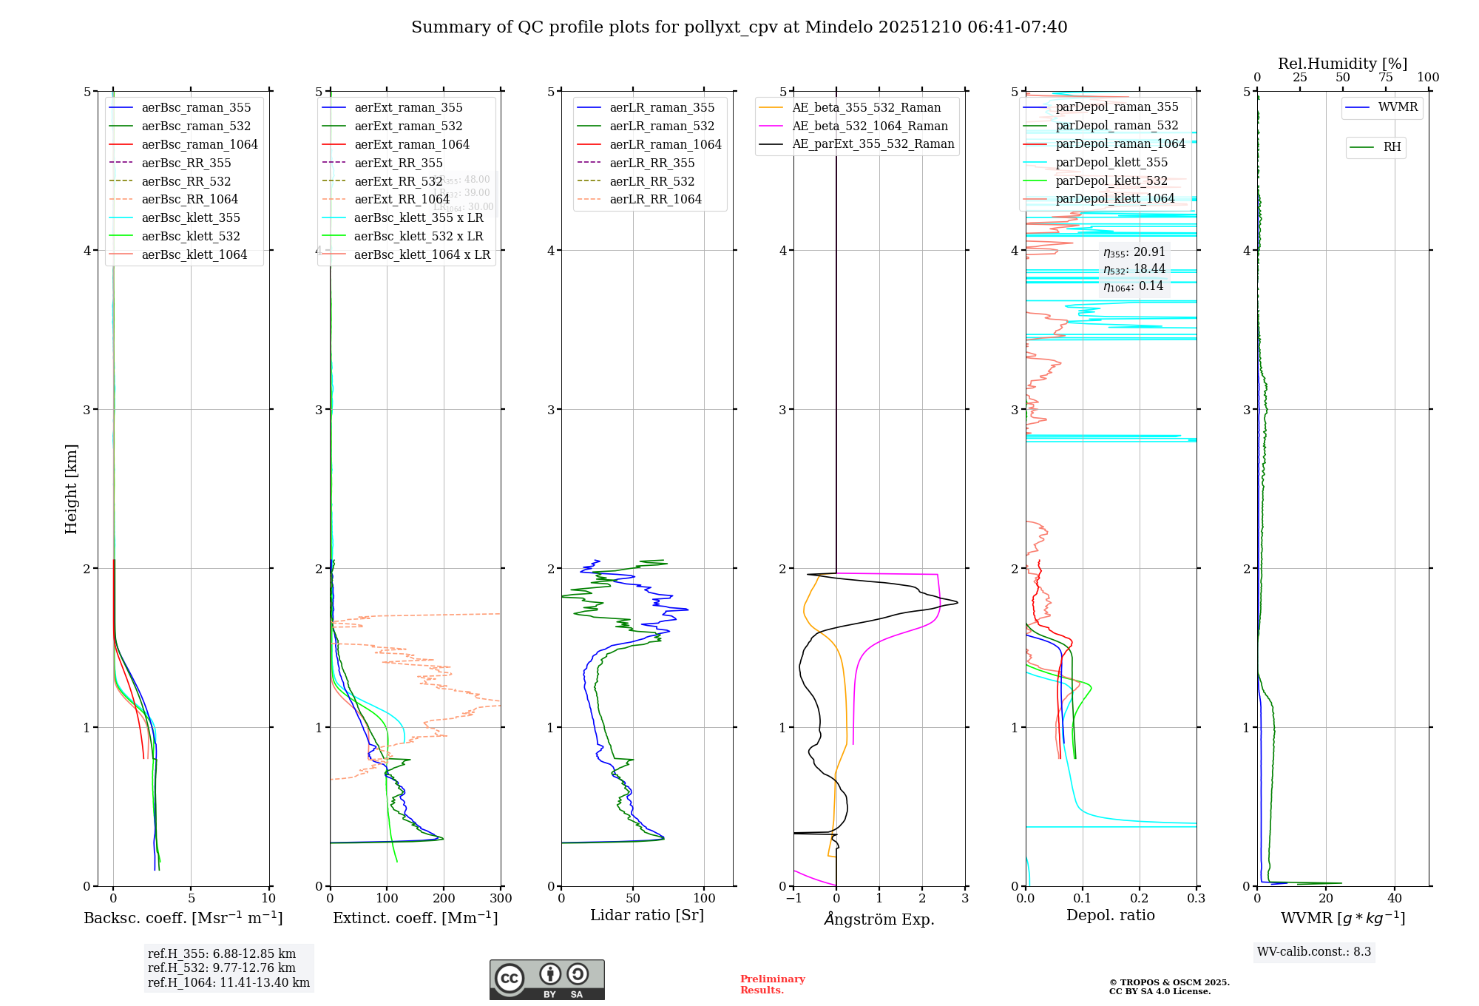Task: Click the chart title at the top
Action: (739, 27)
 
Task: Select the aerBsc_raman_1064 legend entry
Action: (200, 144)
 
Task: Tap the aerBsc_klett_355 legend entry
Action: (191, 217)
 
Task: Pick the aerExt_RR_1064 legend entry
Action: (402, 199)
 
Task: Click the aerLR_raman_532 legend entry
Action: (662, 126)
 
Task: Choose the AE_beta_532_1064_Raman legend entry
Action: (870, 126)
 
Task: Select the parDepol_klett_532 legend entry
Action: (1111, 180)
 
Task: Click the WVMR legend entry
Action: (1398, 107)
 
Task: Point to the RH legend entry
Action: (1392, 147)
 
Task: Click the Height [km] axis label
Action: (71, 489)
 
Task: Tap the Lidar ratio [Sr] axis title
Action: (647, 915)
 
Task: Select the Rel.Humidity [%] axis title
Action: (1342, 64)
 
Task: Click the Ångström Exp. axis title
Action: (879, 919)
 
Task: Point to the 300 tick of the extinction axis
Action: (501, 899)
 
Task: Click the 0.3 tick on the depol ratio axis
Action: (1196, 899)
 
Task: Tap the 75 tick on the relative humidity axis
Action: (1385, 78)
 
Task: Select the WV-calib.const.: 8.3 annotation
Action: (1313, 952)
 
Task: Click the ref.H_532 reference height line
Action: (221, 968)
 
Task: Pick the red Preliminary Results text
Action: (772, 985)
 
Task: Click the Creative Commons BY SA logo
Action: (546, 979)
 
